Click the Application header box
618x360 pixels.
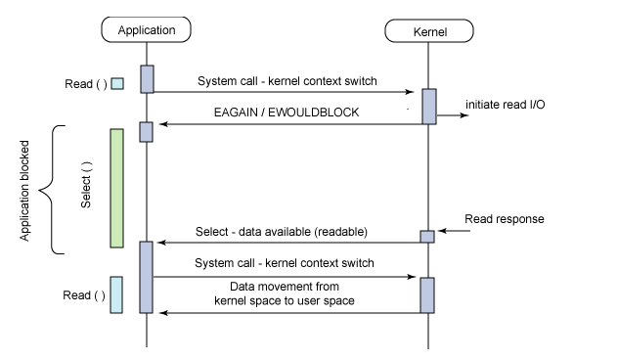point(147,30)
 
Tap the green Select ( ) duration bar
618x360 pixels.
point(116,188)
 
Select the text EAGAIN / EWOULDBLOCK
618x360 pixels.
point(287,112)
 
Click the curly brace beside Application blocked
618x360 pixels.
point(56,190)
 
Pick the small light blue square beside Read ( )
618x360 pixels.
point(117,84)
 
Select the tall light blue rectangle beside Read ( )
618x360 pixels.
point(116,294)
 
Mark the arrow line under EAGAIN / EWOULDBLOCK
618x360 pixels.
point(287,124)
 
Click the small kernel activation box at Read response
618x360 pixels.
point(427,236)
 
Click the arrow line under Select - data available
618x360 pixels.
point(287,242)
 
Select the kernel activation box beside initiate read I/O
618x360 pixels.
point(428,107)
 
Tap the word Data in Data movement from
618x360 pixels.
point(243,288)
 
